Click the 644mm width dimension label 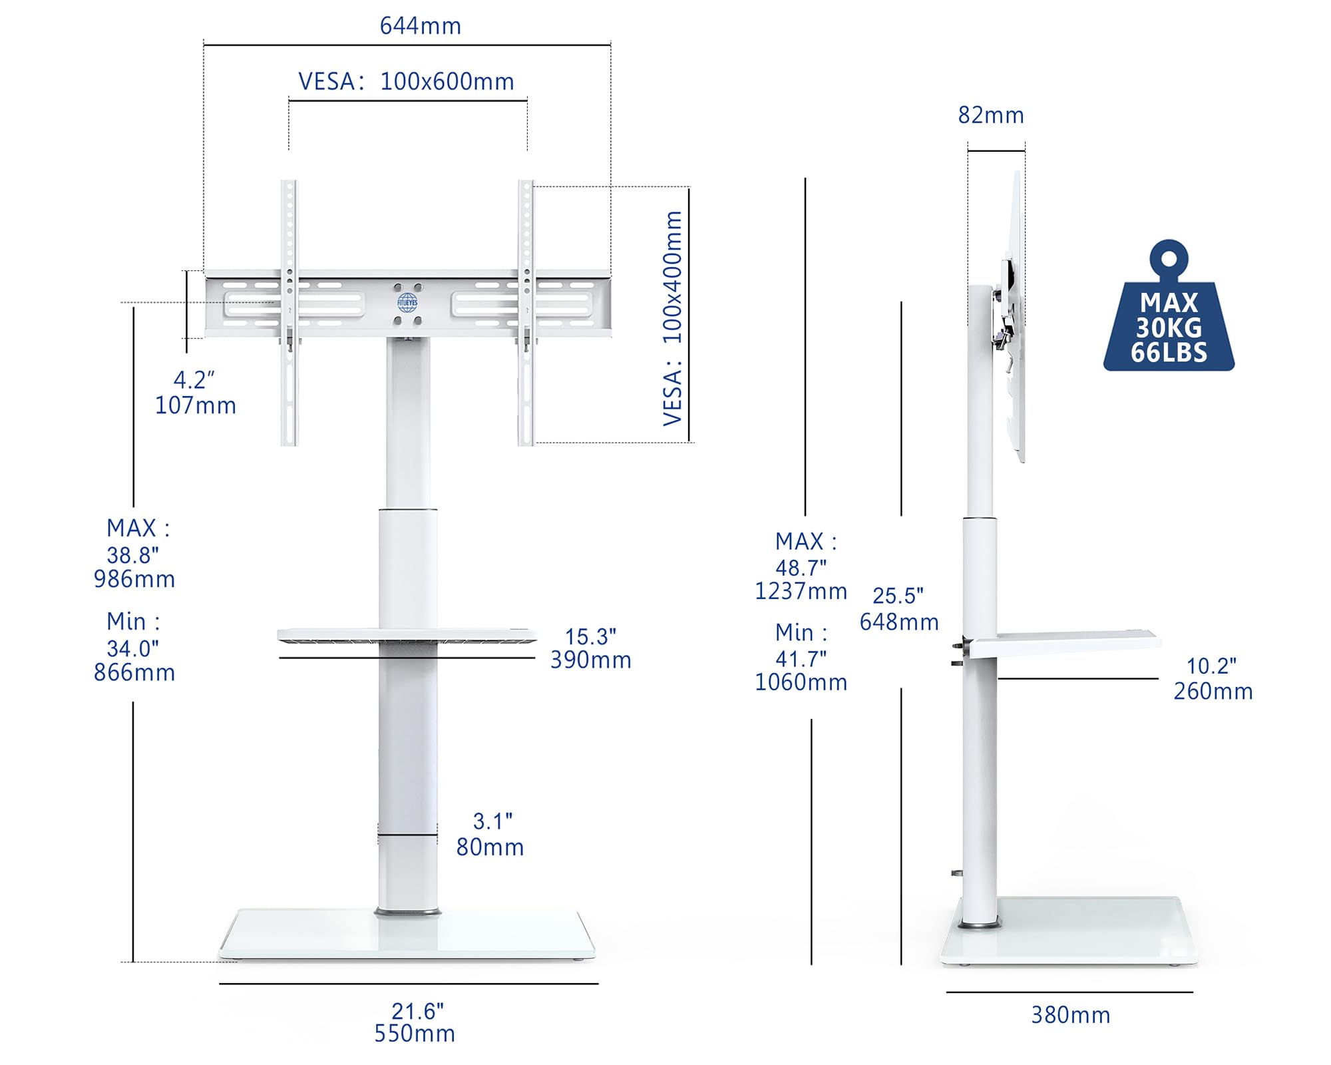[x=420, y=26]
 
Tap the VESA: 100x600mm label [x=406, y=81]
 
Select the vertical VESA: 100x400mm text [x=673, y=318]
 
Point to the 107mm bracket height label [x=196, y=405]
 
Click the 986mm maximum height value [x=134, y=579]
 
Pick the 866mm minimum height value [x=134, y=672]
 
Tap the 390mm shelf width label [x=591, y=660]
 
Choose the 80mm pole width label [x=490, y=847]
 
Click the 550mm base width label [x=415, y=1033]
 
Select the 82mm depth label [x=991, y=115]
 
